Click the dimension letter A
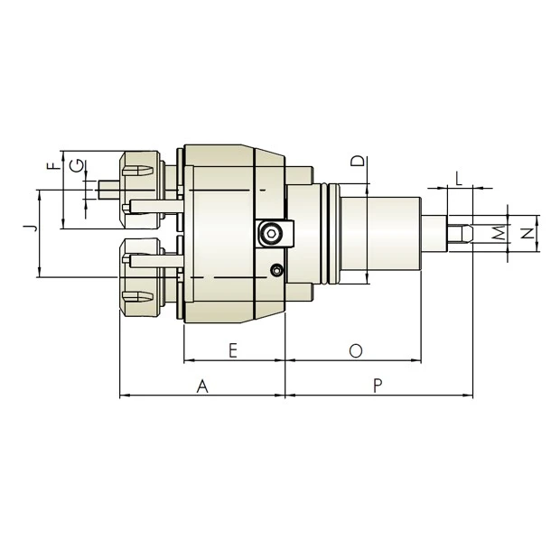point(203,386)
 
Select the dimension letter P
point(378,386)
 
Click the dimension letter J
point(30,227)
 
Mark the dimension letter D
point(358,163)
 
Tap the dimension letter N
point(527,234)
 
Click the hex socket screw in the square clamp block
point(270,234)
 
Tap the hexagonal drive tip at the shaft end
point(460,234)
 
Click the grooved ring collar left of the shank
point(331,234)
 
